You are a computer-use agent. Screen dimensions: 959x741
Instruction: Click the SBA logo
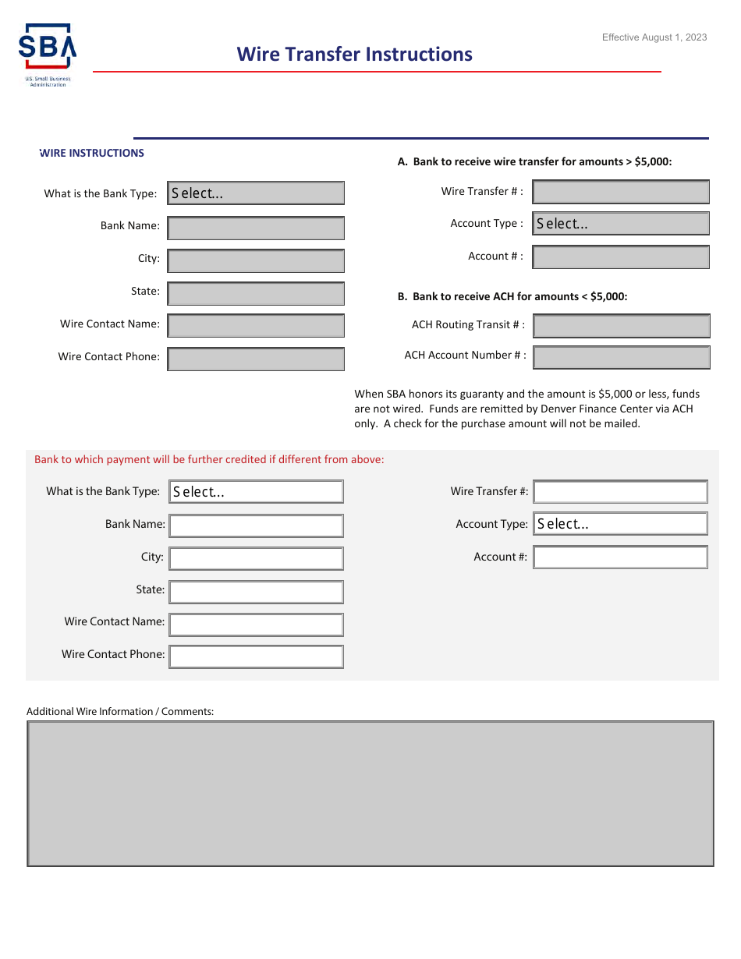[x=48, y=55]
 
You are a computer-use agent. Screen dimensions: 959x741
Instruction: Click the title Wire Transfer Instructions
[x=355, y=54]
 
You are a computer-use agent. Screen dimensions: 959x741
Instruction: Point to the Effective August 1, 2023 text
[x=654, y=37]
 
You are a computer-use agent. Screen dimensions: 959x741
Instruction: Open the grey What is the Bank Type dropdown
[x=256, y=193]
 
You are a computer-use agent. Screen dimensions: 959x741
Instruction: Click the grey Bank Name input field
[x=256, y=228]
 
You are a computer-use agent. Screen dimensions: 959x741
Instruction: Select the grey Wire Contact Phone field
[x=256, y=359]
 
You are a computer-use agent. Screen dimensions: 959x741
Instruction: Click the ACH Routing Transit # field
[x=621, y=326]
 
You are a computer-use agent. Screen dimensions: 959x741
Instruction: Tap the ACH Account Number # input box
[x=621, y=357]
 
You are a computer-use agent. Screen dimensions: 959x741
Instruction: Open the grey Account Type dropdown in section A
[x=621, y=224]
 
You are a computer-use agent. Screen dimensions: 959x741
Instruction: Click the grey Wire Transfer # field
[x=621, y=192]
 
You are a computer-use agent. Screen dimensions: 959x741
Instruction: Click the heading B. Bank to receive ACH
[x=512, y=296]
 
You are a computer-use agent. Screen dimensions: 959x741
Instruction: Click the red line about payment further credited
[x=209, y=459]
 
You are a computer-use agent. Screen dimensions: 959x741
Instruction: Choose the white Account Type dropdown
[x=621, y=524]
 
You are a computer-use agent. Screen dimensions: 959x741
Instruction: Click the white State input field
[x=256, y=592]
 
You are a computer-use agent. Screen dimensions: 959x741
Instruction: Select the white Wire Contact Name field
[x=256, y=625]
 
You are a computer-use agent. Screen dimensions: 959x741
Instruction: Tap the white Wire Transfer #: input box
[x=621, y=492]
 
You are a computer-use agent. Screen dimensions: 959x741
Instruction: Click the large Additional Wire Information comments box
[x=370, y=793]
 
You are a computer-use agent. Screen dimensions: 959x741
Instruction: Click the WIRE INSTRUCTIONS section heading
[x=92, y=153]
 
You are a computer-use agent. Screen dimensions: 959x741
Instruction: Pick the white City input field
[x=256, y=559]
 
